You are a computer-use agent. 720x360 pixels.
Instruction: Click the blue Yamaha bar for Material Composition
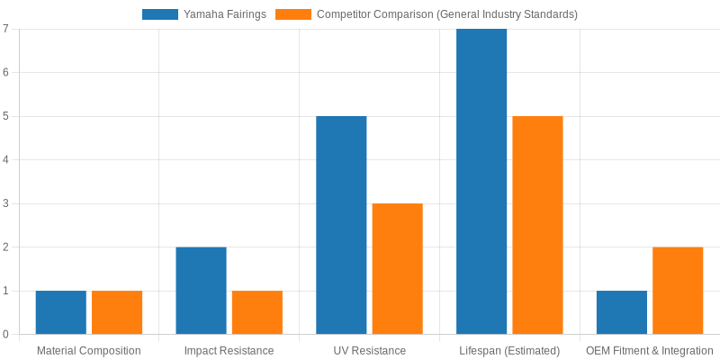[x=61, y=312]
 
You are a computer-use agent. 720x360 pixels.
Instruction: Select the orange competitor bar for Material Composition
[x=117, y=312]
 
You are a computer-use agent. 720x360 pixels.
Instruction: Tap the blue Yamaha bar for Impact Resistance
[x=201, y=291]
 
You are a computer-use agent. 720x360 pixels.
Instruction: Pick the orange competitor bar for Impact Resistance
[x=257, y=312]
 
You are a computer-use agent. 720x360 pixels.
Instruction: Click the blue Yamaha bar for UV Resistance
[x=341, y=225]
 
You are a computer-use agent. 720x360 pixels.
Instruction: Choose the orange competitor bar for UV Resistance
[x=397, y=269]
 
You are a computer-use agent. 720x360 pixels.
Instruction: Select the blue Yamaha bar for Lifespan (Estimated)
[x=481, y=182]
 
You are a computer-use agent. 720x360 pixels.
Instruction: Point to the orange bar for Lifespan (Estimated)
[x=537, y=225]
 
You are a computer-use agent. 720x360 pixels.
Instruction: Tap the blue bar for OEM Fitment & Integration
[x=622, y=312]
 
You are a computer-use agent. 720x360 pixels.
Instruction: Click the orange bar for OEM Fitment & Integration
[x=678, y=291]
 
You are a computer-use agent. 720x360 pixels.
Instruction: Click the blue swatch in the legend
[x=160, y=14]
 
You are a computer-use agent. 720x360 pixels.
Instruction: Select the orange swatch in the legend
[x=293, y=14]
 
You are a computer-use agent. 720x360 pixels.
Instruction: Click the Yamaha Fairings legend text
[x=225, y=14]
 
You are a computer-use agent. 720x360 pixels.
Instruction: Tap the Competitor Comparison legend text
[x=447, y=14]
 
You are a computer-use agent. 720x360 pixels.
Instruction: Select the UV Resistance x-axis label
[x=369, y=350]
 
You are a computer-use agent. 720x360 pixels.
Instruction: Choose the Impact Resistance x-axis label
[x=229, y=350]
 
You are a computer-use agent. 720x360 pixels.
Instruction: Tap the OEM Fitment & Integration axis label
[x=649, y=350]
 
